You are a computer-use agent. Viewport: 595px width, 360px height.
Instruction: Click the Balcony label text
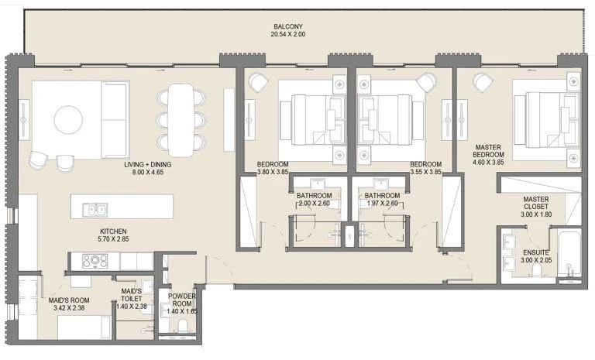pyautogui.click(x=288, y=26)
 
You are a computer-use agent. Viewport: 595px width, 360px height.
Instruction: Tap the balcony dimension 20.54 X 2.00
pyautogui.click(x=288, y=34)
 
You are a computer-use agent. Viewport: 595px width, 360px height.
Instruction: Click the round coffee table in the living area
pyautogui.click(x=68, y=120)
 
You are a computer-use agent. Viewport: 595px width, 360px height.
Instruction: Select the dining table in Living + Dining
pyautogui.click(x=181, y=120)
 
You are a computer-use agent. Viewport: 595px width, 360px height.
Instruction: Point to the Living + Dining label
pyautogui.click(x=148, y=165)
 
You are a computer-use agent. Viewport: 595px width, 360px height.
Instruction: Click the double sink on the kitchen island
pyautogui.click(x=95, y=210)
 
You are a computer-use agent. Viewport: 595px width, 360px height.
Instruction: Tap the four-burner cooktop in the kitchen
pyautogui.click(x=95, y=261)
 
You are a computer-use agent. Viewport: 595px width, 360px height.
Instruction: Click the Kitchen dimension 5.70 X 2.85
pyautogui.click(x=113, y=239)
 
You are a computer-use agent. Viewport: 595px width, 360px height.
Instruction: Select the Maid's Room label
pyautogui.click(x=69, y=300)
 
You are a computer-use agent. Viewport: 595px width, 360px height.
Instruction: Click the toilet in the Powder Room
pyautogui.click(x=183, y=326)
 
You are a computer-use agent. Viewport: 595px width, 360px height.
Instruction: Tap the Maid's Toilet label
pyautogui.click(x=131, y=295)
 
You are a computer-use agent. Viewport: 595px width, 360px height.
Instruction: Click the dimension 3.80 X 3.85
pyautogui.click(x=273, y=172)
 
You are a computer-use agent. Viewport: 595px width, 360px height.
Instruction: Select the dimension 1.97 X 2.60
pyautogui.click(x=383, y=204)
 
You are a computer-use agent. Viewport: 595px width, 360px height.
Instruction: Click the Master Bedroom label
pyautogui.click(x=488, y=151)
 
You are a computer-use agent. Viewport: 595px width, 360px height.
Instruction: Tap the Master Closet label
pyautogui.click(x=536, y=203)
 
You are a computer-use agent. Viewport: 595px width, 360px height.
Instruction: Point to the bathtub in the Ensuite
pyautogui.click(x=570, y=252)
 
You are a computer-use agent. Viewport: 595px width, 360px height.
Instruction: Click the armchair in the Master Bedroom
pyautogui.click(x=483, y=83)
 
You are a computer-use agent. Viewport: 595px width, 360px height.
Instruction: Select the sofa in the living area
pyautogui.click(x=115, y=119)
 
